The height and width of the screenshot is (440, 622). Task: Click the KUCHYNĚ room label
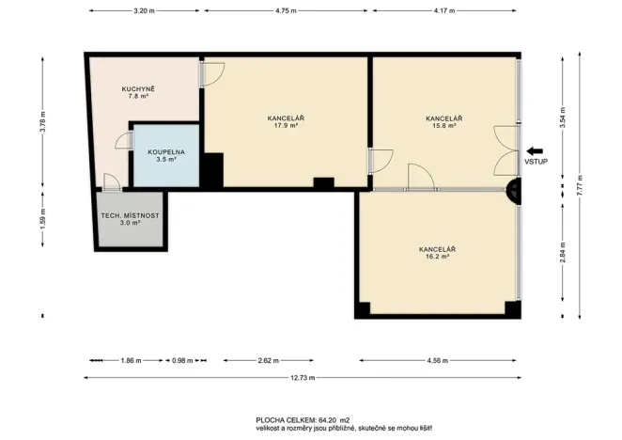[x=138, y=88]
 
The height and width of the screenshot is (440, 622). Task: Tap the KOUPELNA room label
[x=164, y=150]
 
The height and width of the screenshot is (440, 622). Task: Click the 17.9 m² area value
[x=286, y=125]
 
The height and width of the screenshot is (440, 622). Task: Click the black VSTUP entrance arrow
[x=536, y=150]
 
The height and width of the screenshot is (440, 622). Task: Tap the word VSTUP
[x=536, y=163]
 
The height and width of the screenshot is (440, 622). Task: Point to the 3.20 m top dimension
[x=143, y=10]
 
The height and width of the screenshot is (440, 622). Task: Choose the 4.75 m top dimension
[x=286, y=10]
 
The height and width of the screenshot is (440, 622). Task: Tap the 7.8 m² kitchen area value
[x=138, y=97]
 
